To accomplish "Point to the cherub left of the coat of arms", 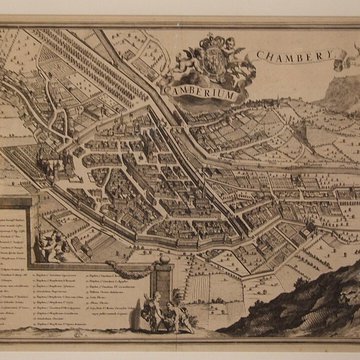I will (184, 60).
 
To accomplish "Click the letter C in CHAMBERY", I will (259, 63).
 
